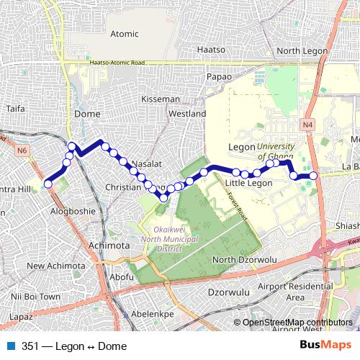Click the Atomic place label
click(124, 33)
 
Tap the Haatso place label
click(212, 50)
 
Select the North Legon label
click(298, 50)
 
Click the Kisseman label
click(161, 99)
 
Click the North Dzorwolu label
click(245, 259)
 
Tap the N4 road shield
click(308, 125)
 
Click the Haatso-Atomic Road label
click(117, 63)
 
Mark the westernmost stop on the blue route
click(48, 184)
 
